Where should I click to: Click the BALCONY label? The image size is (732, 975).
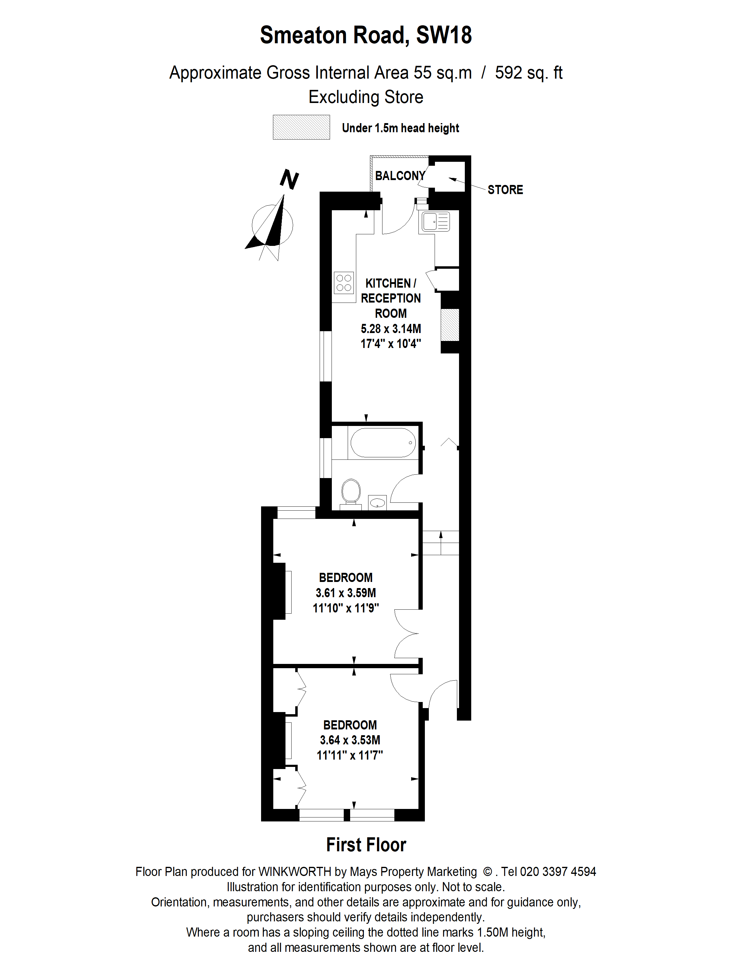(400, 176)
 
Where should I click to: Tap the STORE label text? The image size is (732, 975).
(505, 190)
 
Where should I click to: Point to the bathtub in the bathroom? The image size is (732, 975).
(382, 442)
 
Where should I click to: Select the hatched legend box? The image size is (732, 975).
(301, 127)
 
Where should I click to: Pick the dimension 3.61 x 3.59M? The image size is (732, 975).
(346, 593)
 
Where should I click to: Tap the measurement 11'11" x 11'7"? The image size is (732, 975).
(350, 756)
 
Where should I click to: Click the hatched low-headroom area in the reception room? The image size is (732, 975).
(450, 324)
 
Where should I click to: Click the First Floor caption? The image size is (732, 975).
(366, 845)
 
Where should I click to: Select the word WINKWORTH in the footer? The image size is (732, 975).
(294, 872)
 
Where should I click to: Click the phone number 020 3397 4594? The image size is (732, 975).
(558, 872)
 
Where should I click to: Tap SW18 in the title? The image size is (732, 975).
(443, 35)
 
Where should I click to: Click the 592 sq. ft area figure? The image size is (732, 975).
(528, 73)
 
